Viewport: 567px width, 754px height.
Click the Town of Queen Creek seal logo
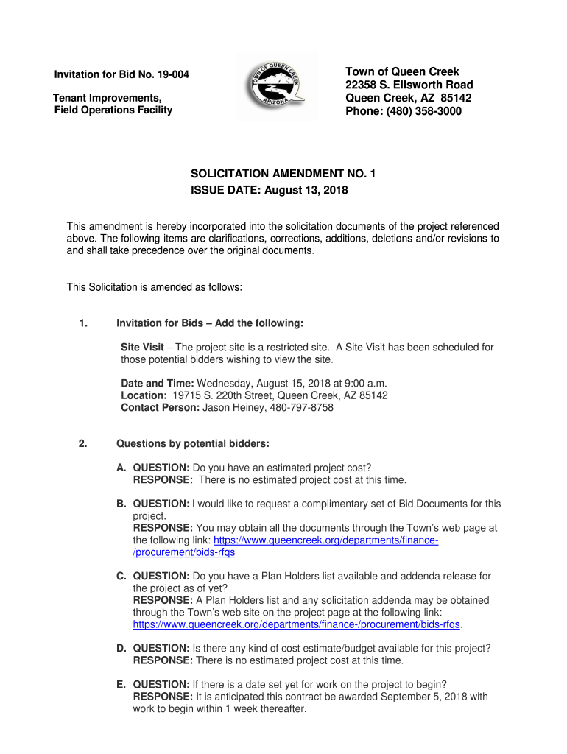(x=276, y=85)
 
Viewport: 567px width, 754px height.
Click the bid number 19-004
(x=181, y=75)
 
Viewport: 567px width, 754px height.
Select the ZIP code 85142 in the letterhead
(x=457, y=98)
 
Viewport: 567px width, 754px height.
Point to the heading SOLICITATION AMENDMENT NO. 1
(x=283, y=175)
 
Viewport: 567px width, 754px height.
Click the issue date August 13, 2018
(x=305, y=191)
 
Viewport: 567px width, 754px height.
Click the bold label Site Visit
(x=142, y=348)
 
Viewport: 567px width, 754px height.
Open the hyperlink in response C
(x=296, y=624)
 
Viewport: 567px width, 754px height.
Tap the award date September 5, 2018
(x=416, y=697)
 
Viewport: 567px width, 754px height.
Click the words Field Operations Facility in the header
(x=113, y=110)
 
